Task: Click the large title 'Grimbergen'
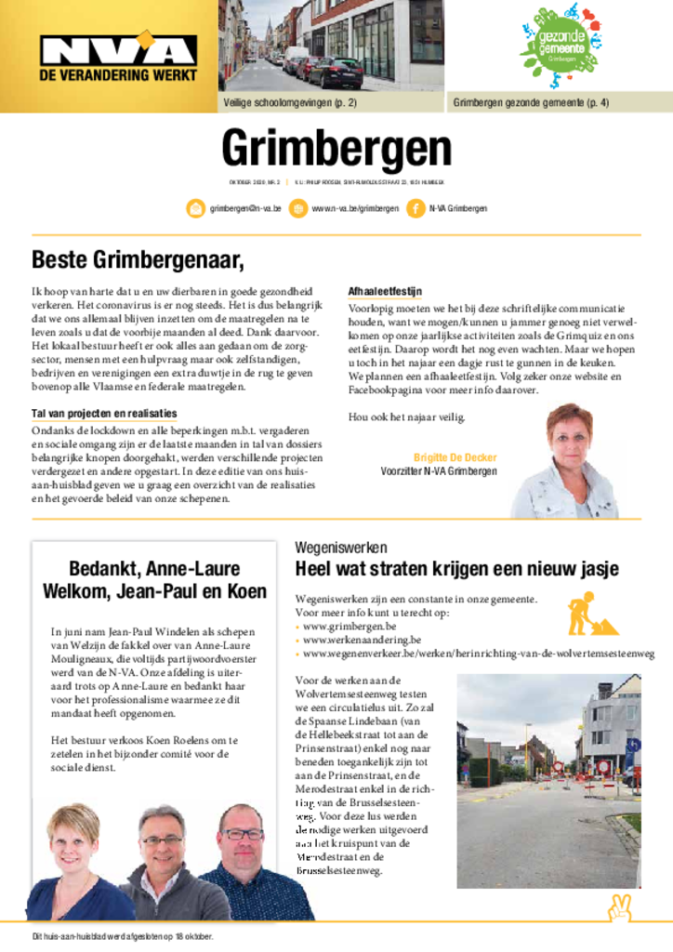[x=336, y=150]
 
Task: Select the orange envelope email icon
[x=196, y=208]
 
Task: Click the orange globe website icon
[x=298, y=208]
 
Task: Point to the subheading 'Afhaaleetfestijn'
[x=385, y=291]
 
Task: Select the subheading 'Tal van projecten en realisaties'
[x=104, y=413]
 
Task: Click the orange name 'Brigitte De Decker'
[x=455, y=457]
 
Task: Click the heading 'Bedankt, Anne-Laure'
[x=154, y=568]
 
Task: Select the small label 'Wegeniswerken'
[x=341, y=548]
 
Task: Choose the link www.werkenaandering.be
[x=363, y=640]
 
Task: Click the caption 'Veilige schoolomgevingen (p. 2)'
[x=289, y=103]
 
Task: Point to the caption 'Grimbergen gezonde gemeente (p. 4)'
[x=531, y=103]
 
